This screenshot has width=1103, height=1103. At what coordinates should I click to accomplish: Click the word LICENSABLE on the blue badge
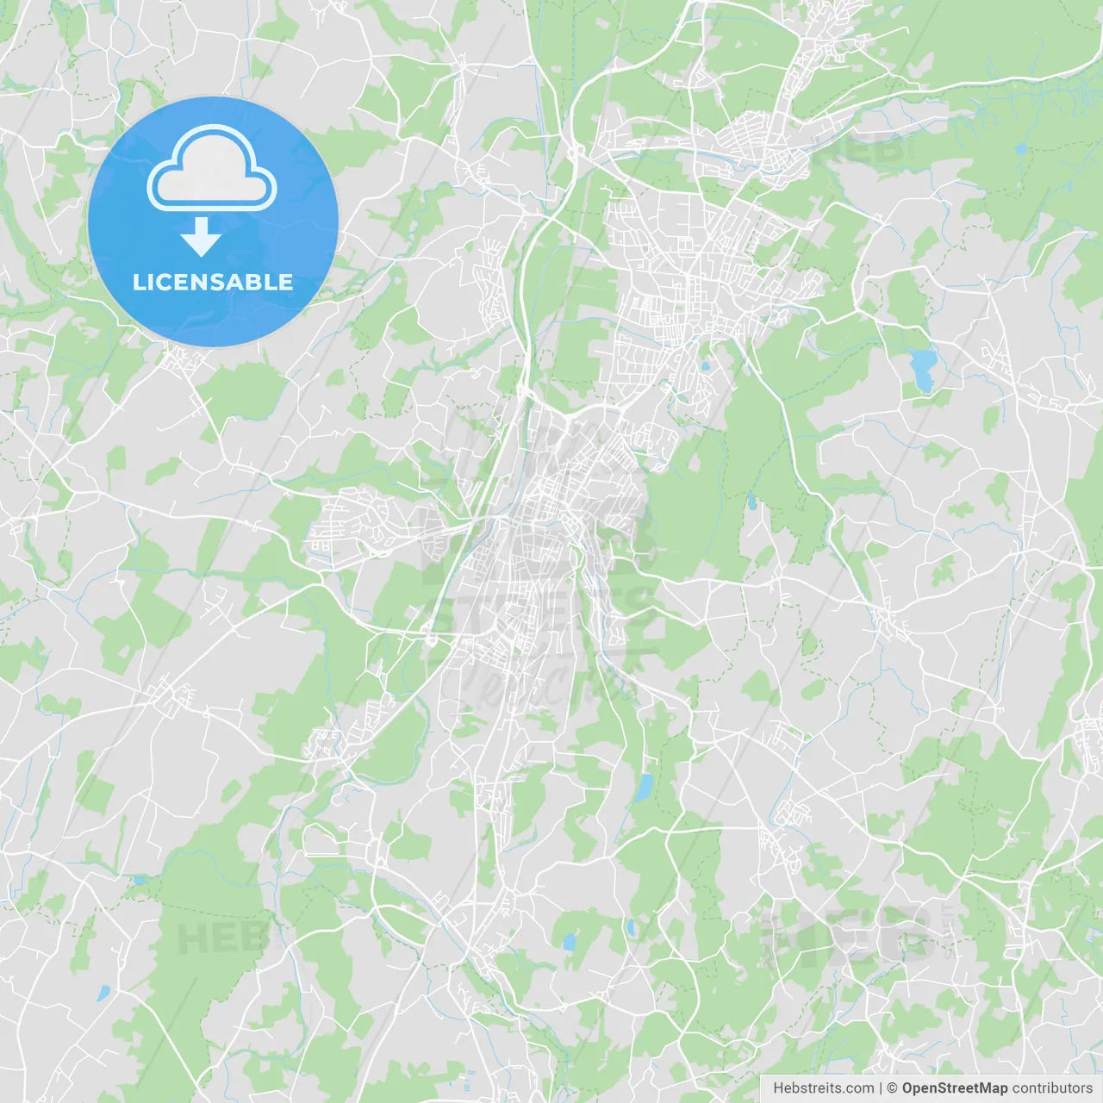click(x=213, y=282)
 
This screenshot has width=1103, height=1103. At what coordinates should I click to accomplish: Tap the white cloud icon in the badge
click(x=212, y=169)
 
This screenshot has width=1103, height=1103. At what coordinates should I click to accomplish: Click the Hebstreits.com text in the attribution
click(x=824, y=1088)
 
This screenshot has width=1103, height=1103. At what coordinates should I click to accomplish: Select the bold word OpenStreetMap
click(x=954, y=1088)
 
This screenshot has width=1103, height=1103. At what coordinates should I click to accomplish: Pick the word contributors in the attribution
click(x=1052, y=1088)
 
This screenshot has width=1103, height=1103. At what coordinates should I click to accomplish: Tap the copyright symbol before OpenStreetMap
click(x=893, y=1088)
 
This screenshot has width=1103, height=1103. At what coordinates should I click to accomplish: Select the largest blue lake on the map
click(x=921, y=368)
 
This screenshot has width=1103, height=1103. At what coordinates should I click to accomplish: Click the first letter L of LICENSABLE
click(x=138, y=282)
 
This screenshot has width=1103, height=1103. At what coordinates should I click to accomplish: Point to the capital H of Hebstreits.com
click(x=778, y=1088)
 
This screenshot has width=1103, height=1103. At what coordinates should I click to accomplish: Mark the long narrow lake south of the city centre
click(x=643, y=788)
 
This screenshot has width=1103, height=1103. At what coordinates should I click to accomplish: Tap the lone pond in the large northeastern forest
click(x=1021, y=148)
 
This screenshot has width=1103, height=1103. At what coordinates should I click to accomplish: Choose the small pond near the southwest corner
click(x=103, y=993)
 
